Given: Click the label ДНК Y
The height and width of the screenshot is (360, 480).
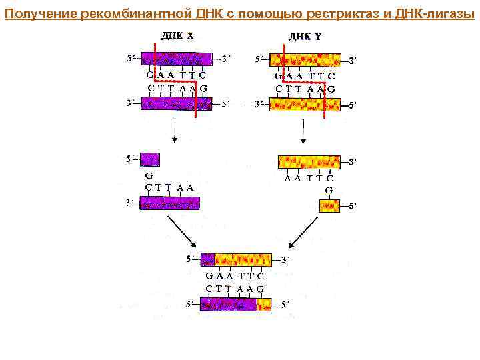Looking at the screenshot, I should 305,37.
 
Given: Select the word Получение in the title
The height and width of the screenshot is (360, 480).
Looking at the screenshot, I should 40,14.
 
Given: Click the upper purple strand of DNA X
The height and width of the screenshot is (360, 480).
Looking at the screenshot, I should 177,59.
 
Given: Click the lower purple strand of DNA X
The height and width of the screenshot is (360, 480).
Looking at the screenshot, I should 177,103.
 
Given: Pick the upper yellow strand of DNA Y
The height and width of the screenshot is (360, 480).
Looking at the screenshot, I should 306,59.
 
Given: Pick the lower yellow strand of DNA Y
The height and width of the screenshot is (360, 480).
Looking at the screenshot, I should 306,104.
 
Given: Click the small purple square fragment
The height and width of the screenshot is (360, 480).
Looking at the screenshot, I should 150,159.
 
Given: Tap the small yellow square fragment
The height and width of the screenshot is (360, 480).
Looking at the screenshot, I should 329,205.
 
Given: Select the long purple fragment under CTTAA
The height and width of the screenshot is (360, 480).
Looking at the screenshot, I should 170,203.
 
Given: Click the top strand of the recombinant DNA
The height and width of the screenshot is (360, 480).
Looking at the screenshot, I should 236,259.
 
